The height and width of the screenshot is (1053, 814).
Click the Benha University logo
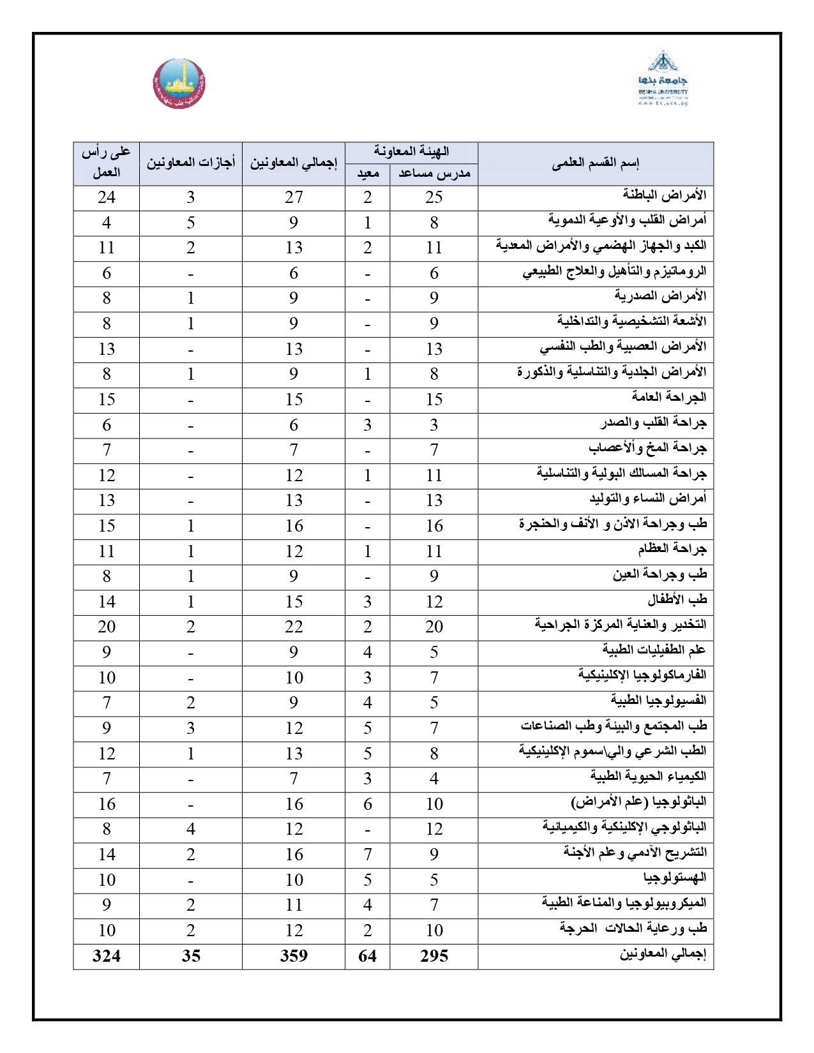tap(662, 79)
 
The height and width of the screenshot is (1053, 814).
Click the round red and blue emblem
tap(179, 83)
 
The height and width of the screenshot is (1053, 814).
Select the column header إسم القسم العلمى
tap(595, 164)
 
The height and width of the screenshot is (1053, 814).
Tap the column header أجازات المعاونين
tap(191, 164)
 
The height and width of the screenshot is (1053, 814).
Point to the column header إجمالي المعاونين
tap(293, 164)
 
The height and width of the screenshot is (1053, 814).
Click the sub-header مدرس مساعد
tap(433, 174)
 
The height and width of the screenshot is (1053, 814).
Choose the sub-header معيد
tap(367, 174)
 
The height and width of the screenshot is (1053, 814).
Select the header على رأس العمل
tap(106, 163)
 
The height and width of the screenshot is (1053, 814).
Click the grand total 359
tap(293, 956)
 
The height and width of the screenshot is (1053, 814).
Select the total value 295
tap(433, 956)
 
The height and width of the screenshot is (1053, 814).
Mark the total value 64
tap(367, 956)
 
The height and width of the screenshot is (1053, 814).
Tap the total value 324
tap(106, 956)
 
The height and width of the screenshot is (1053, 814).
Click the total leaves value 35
tap(191, 956)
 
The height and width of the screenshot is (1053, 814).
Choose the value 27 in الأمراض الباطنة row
tap(293, 197)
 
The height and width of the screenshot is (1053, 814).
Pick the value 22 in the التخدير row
tap(293, 627)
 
